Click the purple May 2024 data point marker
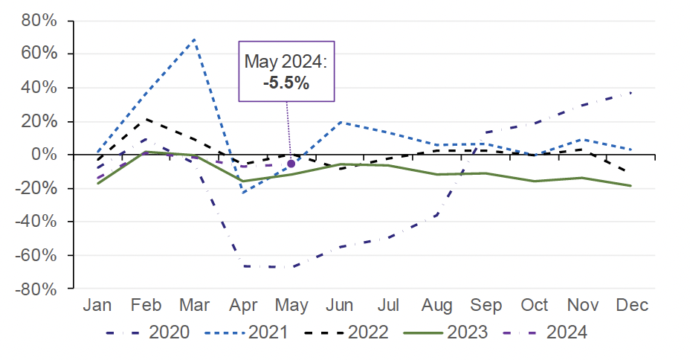pyautogui.click(x=291, y=164)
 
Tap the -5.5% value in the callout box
pyautogui.click(x=286, y=83)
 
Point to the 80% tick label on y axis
pyautogui.click(x=40, y=20)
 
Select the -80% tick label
pyautogui.click(x=38, y=289)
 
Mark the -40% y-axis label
pyautogui.click(x=38, y=222)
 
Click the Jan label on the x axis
pyautogui.click(x=97, y=306)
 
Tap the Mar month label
pyautogui.click(x=194, y=306)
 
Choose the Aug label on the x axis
pyautogui.click(x=437, y=306)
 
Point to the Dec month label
pyautogui.click(x=632, y=306)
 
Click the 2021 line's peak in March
pyautogui.click(x=195, y=39)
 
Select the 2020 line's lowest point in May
pyautogui.click(x=292, y=267)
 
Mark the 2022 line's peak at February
pyautogui.click(x=146, y=119)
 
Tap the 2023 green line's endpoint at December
pyautogui.click(x=631, y=186)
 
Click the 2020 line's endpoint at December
pyautogui.click(x=631, y=92)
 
